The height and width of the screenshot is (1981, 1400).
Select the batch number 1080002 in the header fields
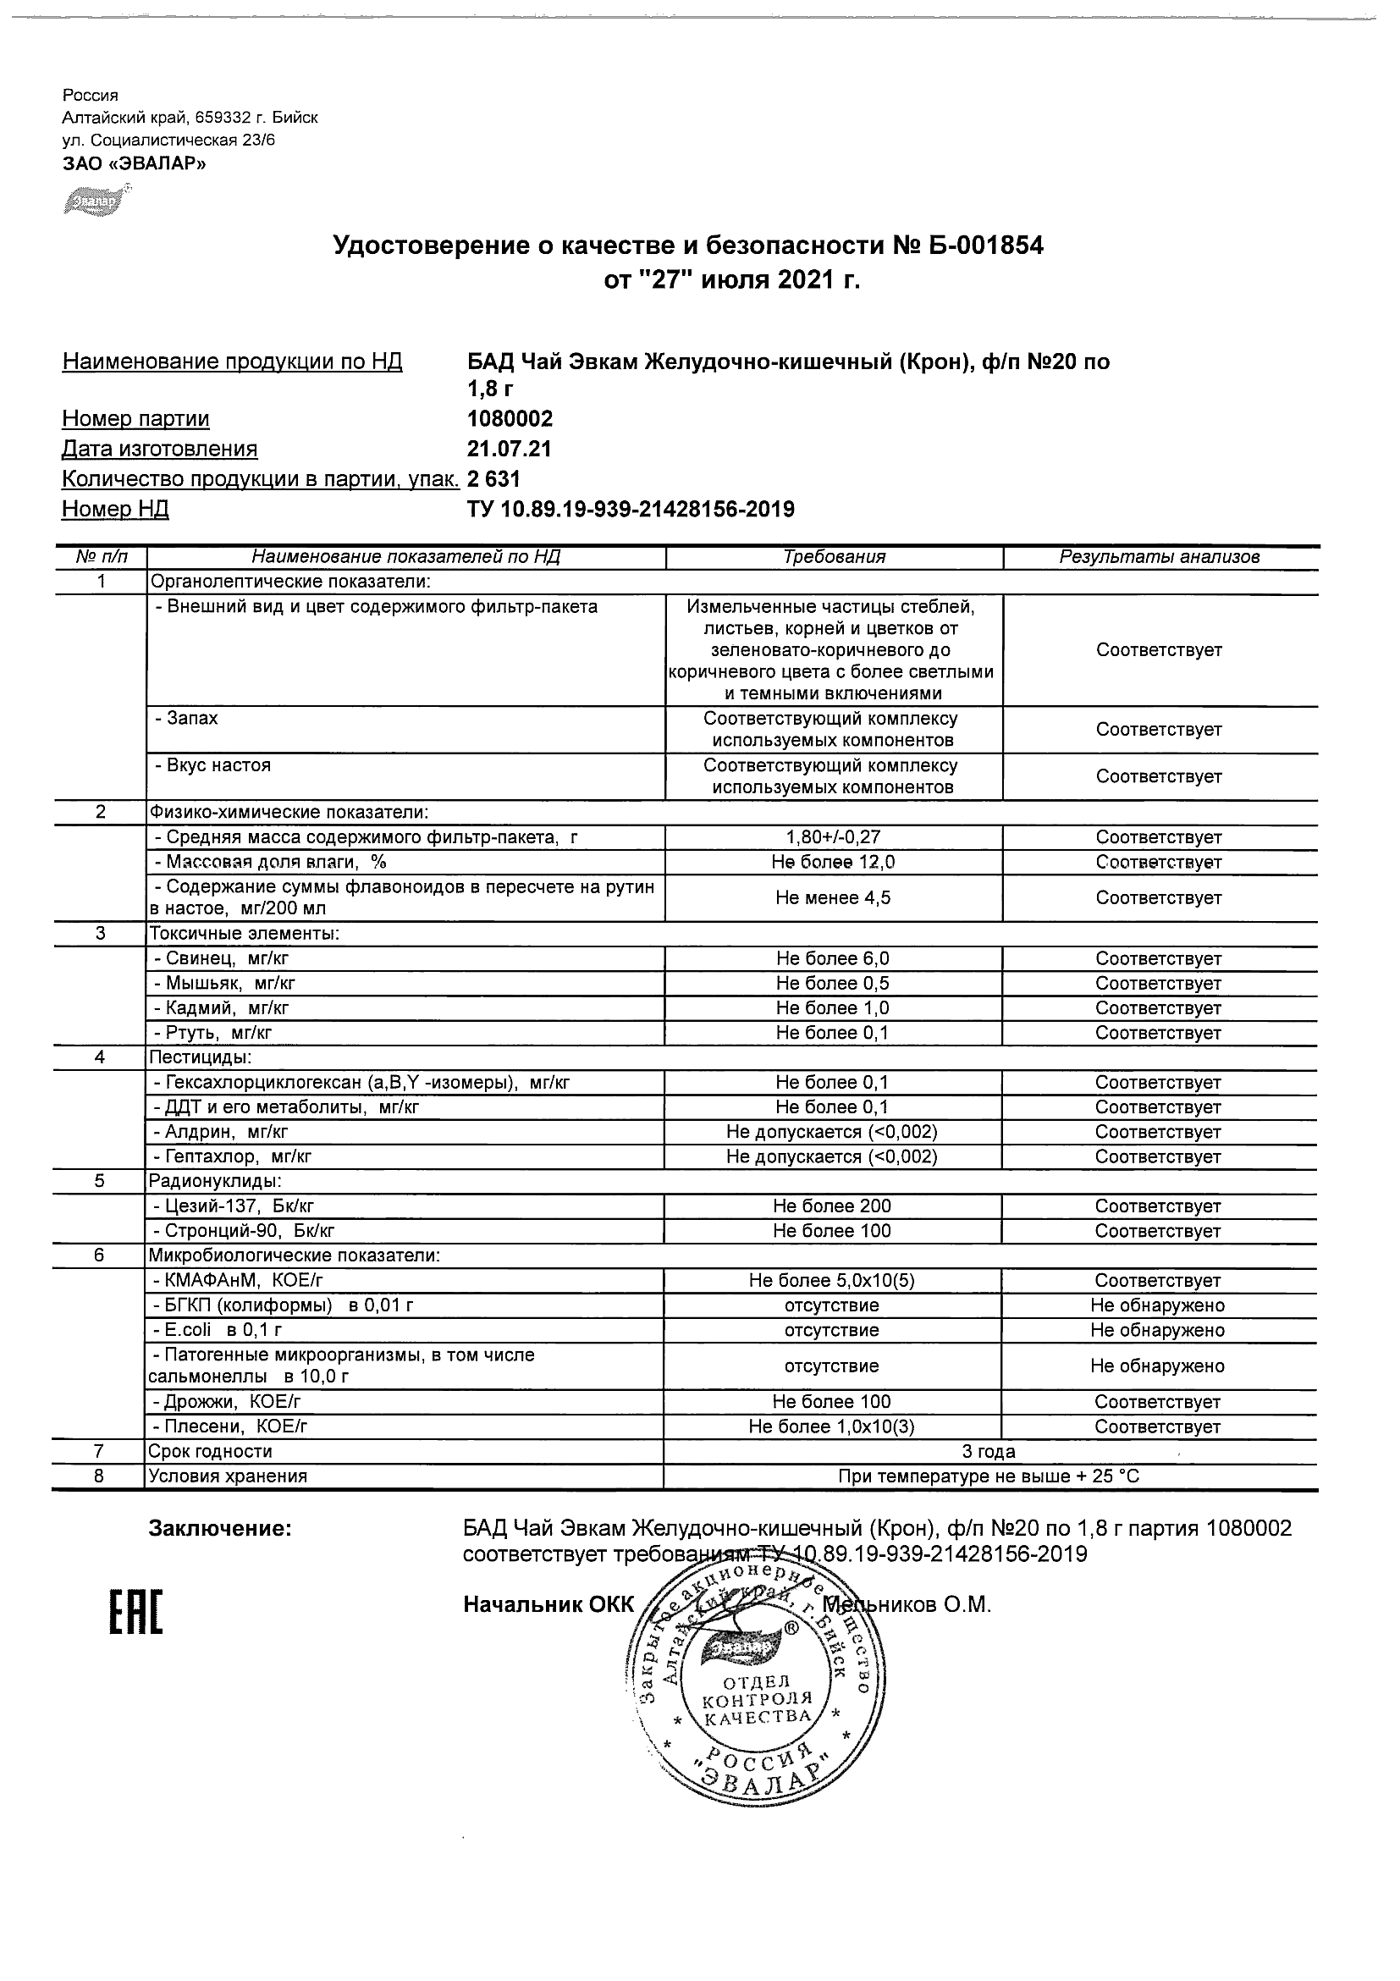[x=510, y=419]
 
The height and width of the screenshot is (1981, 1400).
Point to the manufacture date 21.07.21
[x=509, y=450]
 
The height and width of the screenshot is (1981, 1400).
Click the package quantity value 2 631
[x=493, y=479]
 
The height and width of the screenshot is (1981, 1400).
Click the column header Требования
[x=834, y=557]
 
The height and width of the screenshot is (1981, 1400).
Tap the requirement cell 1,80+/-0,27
[x=833, y=837]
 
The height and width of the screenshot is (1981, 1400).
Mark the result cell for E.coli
[x=1158, y=1331]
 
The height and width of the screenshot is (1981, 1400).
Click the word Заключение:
[x=221, y=1529]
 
